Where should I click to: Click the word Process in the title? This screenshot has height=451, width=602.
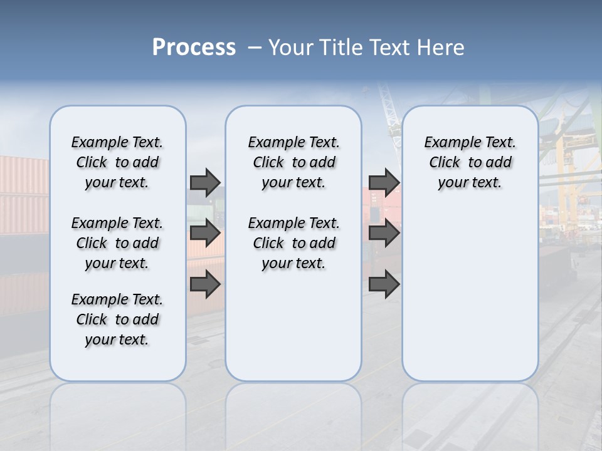point(194,47)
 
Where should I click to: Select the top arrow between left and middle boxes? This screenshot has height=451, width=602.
point(205,182)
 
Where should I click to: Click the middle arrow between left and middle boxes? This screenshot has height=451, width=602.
point(205,233)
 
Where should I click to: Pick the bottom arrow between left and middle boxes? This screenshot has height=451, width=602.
point(205,284)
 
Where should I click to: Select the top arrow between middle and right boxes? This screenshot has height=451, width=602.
point(384,182)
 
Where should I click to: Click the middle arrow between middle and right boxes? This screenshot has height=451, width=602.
point(384,233)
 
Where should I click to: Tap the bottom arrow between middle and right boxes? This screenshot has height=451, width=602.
point(384,284)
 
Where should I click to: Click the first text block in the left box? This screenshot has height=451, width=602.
point(117,162)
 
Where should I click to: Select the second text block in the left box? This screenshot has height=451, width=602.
point(117,243)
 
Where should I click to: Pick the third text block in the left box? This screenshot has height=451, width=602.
point(117,319)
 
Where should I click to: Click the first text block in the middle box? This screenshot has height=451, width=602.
point(293,162)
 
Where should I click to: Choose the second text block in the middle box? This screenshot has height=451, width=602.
point(293,243)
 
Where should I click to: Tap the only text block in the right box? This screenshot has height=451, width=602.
point(470,162)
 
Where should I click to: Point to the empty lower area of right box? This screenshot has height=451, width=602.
point(470,294)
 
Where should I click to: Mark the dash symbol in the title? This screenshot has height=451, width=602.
point(254,47)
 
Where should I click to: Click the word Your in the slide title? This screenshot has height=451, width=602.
point(292,47)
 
